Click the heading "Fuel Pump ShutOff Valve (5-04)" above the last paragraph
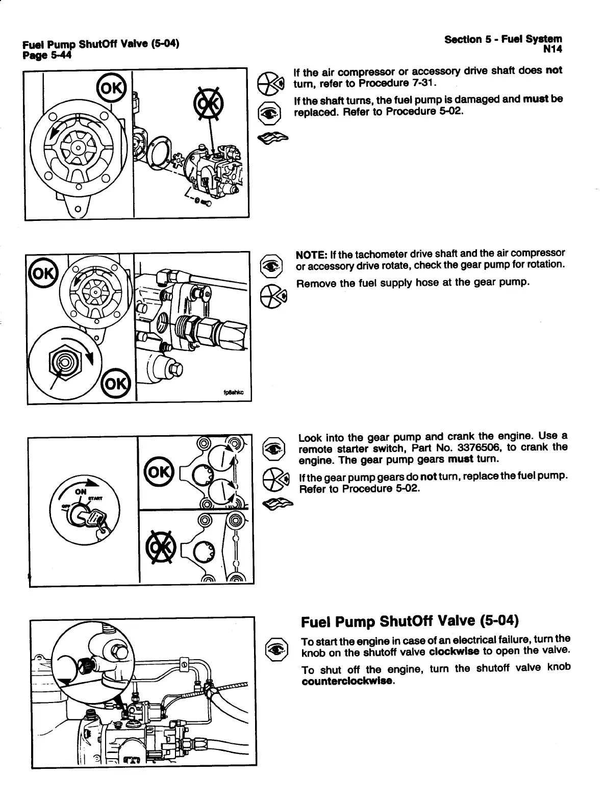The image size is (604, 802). click(410, 621)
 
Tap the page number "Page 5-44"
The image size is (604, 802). click(46, 55)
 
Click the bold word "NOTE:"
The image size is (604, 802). click(312, 254)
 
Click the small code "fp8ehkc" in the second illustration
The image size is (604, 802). click(234, 393)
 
